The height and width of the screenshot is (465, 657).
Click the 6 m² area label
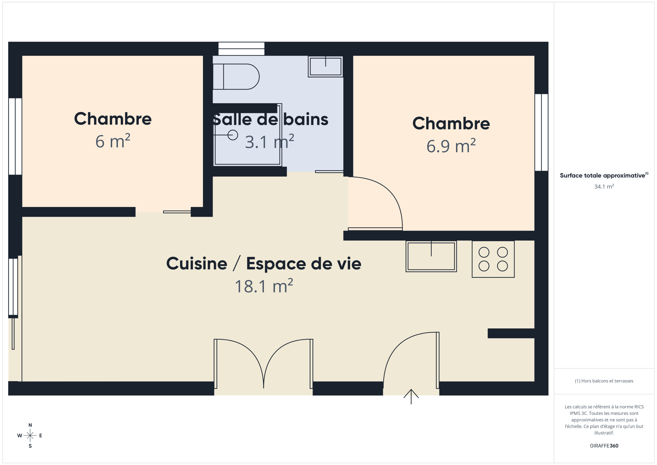(113, 141)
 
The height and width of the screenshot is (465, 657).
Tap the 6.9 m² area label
(451, 145)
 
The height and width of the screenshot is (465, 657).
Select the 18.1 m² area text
(264, 286)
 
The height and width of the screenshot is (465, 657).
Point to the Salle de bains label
(270, 119)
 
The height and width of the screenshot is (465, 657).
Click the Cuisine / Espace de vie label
(264, 263)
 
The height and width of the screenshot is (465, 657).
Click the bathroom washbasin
(325, 67)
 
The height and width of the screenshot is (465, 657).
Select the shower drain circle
(233, 135)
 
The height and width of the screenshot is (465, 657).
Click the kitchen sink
(431, 256)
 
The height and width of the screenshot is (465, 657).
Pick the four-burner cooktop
(493, 259)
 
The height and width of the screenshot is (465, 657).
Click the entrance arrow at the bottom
(411, 396)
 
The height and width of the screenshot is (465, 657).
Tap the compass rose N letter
(30, 425)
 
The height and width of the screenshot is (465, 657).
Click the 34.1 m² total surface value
(604, 186)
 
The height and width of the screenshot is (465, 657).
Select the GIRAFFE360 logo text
(604, 445)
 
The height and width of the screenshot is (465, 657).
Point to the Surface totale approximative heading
(604, 175)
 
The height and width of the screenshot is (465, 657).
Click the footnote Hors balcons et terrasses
(604, 381)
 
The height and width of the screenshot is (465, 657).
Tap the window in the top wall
(241, 49)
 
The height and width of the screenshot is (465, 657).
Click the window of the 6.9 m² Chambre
(542, 132)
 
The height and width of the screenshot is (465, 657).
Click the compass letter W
(20, 435)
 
